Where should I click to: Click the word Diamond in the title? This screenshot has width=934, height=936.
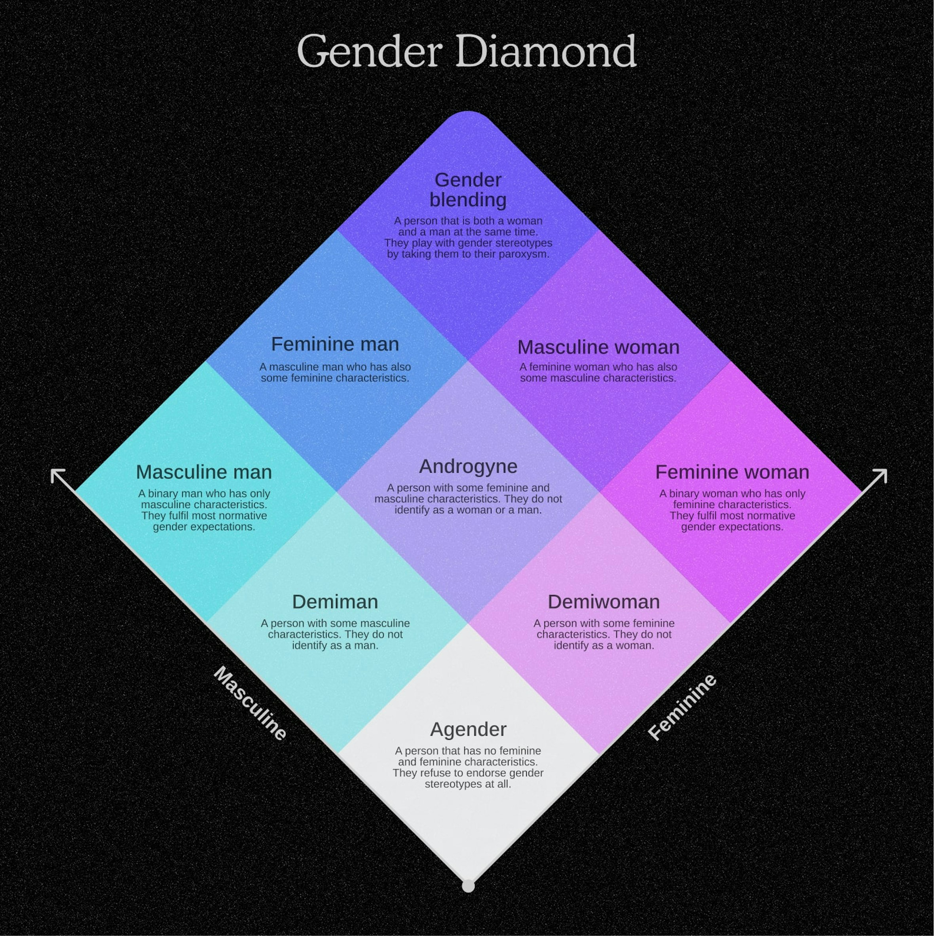point(546,51)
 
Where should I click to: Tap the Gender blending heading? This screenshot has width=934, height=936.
point(468,189)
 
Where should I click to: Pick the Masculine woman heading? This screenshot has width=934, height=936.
point(598,347)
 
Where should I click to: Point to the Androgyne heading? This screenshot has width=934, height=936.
point(468,466)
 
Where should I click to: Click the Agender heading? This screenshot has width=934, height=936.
point(468,729)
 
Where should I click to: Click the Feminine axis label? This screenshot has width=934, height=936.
point(682,707)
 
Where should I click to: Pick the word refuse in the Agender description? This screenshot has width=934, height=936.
point(433,773)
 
